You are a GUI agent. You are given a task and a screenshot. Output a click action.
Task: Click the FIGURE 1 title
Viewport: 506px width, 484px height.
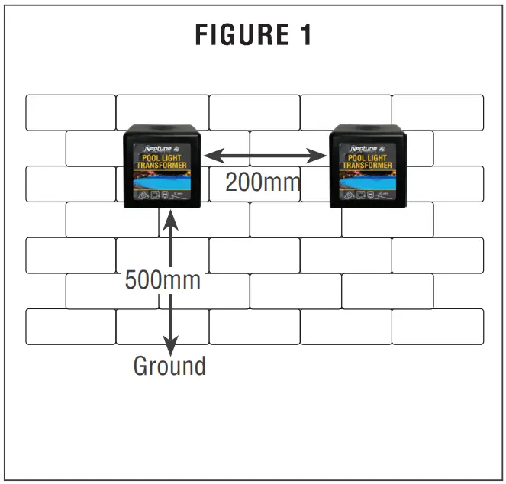tap(253, 35)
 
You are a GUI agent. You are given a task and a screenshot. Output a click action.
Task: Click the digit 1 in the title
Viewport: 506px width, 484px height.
tap(305, 35)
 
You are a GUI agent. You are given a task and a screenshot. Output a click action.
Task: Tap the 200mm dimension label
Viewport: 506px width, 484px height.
tap(263, 182)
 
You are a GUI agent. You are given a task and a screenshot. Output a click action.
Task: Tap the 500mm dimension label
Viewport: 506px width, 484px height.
tap(163, 280)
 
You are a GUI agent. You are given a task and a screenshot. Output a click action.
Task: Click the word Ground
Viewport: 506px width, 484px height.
tap(169, 366)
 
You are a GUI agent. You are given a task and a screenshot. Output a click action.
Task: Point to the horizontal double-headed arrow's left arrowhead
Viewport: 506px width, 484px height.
tap(211, 156)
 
